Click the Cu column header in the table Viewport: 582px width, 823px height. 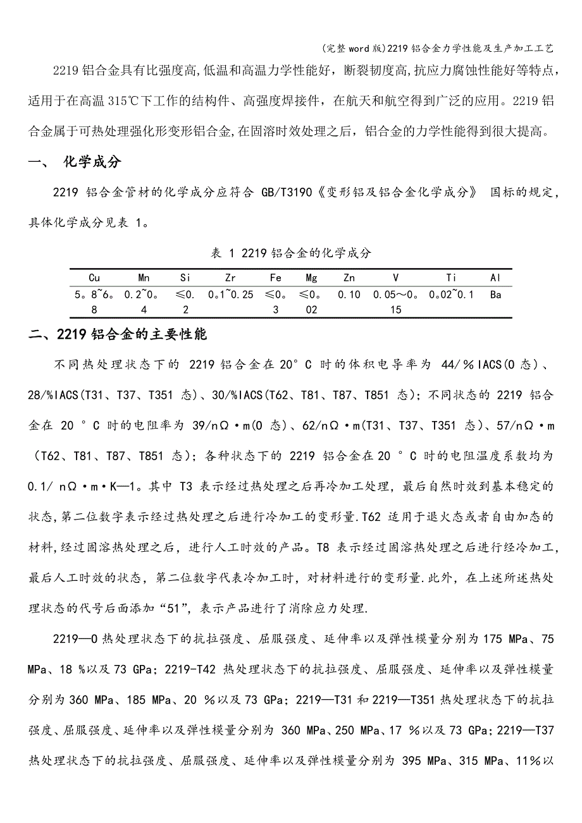[94, 277]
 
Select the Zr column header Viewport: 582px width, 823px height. [230, 277]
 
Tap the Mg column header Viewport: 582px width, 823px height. [311, 277]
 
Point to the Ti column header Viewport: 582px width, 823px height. [451, 277]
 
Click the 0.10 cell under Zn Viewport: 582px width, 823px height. [349, 295]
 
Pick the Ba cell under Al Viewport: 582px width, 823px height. [495, 295]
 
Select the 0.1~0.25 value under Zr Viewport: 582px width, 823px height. [230, 295]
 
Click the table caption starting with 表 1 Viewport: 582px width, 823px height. [290, 253]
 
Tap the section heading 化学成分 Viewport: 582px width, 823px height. [92, 162]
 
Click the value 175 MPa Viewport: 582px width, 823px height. [505, 639]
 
